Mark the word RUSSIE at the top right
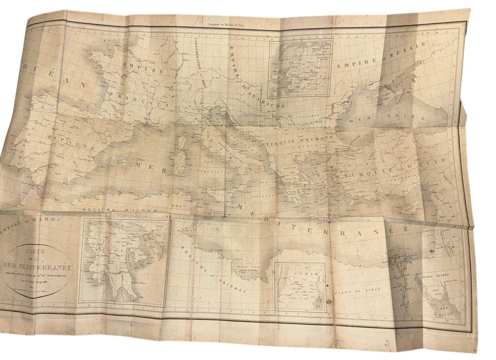click(x=409, y=51)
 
